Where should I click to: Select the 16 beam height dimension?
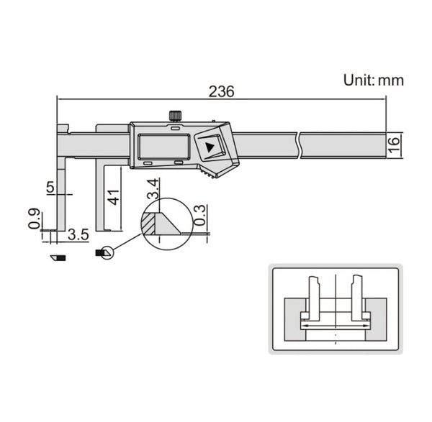pos(394,144)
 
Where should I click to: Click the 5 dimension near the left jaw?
pos(50,188)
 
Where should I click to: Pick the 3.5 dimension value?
pos(78,234)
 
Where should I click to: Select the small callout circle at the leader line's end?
pos(107,252)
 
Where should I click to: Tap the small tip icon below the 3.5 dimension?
pos(57,257)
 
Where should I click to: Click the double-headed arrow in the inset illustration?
pos(336,325)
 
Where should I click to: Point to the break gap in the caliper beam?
pos(299,146)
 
